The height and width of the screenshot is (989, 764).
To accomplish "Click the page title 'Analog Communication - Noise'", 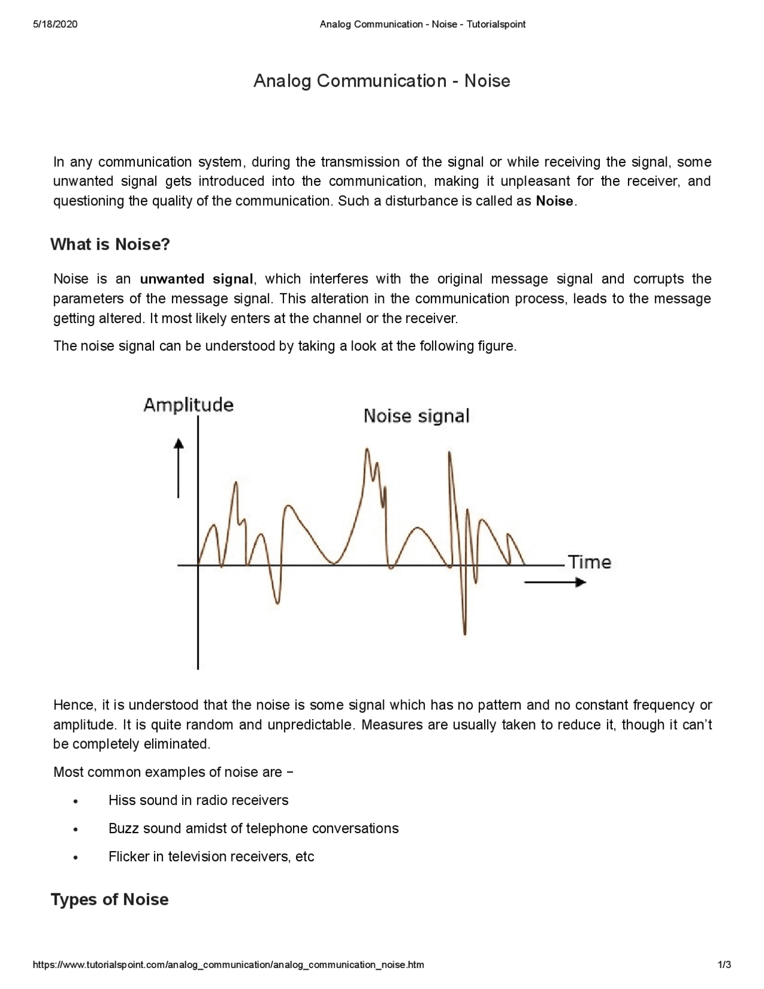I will click(x=381, y=81).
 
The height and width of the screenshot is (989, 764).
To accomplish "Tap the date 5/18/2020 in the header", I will click(x=55, y=24).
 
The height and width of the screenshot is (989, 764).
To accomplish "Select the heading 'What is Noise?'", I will click(x=110, y=244).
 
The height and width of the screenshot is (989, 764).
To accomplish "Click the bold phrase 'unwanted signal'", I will click(x=196, y=279).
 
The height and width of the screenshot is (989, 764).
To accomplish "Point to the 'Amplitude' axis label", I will click(x=188, y=405).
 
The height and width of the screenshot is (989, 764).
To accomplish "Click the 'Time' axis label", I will click(x=589, y=562).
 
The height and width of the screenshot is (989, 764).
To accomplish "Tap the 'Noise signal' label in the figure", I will click(x=416, y=416).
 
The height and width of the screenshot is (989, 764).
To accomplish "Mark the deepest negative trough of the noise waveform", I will click(x=464, y=632).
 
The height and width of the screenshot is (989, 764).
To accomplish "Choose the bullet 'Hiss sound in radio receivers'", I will click(x=198, y=800).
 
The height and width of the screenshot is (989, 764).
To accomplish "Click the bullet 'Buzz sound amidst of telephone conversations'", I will click(x=253, y=828).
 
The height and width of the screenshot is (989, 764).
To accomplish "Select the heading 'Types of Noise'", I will click(x=109, y=899).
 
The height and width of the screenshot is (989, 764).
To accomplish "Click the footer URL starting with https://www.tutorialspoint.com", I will click(x=229, y=965).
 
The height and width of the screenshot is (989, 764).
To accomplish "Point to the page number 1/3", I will click(x=724, y=965).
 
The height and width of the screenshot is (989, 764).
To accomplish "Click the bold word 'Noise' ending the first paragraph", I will click(x=554, y=201).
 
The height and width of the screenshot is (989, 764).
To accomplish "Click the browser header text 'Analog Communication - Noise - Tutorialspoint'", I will click(x=422, y=24).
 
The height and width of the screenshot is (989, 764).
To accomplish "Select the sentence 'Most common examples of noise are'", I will click(x=168, y=772).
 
